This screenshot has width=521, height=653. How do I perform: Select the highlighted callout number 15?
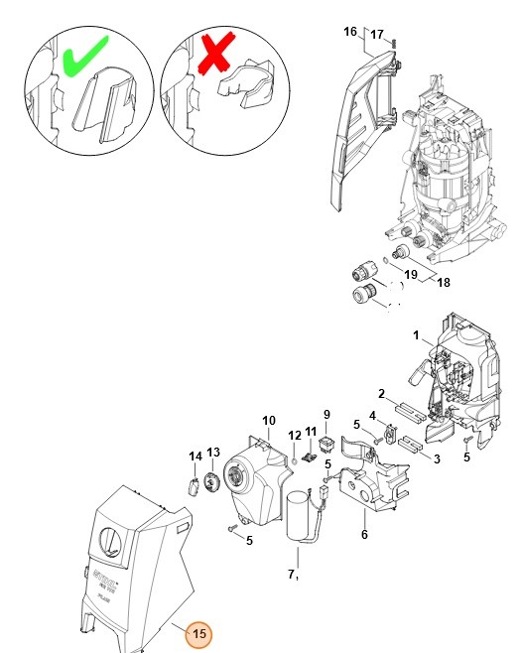(x=198, y=634)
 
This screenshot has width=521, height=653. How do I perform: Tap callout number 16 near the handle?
(x=349, y=33)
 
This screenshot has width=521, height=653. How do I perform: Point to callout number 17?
(x=377, y=35)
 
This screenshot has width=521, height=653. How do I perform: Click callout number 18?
(x=443, y=283)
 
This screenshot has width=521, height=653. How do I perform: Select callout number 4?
(x=372, y=416)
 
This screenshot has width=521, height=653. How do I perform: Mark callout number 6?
(x=364, y=534)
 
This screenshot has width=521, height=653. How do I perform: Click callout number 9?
(x=326, y=414)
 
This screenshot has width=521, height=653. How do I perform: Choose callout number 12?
(x=295, y=436)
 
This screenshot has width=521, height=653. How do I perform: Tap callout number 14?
(x=195, y=457)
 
